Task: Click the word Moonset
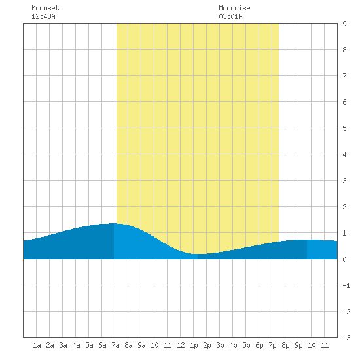tap(45, 8)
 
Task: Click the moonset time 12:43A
tap(43, 16)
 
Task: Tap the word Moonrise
tap(234, 8)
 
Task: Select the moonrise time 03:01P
tap(230, 16)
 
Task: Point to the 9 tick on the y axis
tap(344, 24)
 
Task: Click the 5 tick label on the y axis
tap(344, 128)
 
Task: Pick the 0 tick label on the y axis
tap(344, 259)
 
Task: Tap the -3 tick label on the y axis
tap(346, 338)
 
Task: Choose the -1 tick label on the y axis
tap(346, 285)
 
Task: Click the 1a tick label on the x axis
tap(37, 345)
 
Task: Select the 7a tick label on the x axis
tap(115, 345)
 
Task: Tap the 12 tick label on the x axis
tap(181, 345)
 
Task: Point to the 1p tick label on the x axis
tap(194, 345)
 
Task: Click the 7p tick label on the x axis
tap(272, 345)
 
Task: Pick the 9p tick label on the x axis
tap(298, 345)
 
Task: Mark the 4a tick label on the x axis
tap(76, 345)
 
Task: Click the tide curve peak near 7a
tap(113, 223)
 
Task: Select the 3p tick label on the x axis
tap(220, 345)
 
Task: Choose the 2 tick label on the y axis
tap(344, 207)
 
